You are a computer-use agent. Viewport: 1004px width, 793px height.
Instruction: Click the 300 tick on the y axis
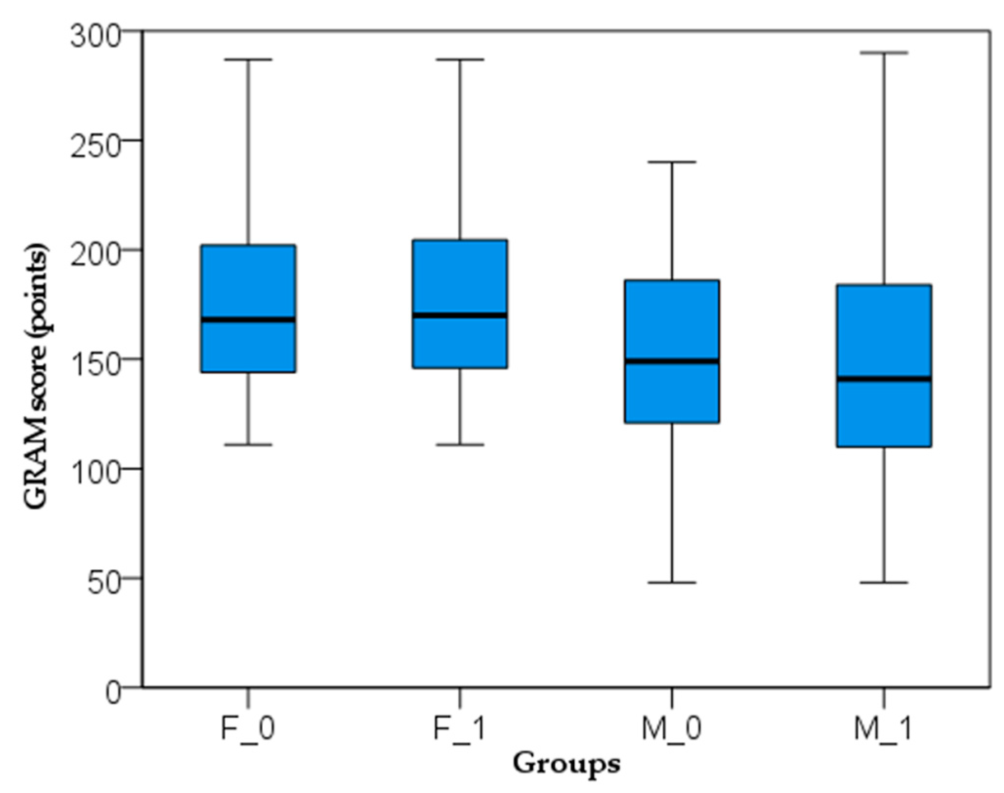click(95, 36)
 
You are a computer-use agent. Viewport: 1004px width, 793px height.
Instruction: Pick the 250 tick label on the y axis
click(95, 146)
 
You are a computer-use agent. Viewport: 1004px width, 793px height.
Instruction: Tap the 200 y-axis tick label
click(95, 255)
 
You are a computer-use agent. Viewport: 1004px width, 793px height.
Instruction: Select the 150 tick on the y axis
click(95, 365)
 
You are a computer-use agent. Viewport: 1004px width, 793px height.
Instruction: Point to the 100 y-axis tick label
click(95, 475)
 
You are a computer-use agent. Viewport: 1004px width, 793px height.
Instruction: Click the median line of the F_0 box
click(249, 319)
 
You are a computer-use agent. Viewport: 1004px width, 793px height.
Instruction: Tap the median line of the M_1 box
click(884, 378)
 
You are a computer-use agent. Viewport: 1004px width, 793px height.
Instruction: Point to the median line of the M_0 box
click(672, 361)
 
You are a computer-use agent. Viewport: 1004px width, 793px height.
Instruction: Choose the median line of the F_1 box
click(460, 315)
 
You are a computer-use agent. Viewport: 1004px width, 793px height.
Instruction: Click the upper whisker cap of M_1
click(884, 52)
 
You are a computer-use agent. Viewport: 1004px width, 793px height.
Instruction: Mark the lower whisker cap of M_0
click(672, 583)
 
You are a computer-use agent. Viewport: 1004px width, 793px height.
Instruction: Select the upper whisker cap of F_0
click(249, 60)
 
